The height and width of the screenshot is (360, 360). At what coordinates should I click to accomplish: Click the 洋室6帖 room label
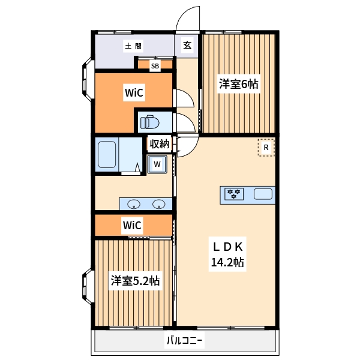pos(238,85)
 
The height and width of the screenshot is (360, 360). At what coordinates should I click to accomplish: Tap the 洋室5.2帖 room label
pos(134,280)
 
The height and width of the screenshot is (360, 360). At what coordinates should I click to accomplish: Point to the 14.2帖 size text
pos(227,262)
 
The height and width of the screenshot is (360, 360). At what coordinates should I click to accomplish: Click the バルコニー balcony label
pos(185,341)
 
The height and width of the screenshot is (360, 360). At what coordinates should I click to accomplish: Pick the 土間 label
pos(133,46)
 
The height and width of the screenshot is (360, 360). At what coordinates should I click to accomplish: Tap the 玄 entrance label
pos(187,45)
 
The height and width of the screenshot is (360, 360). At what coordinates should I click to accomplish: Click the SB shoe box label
pos(155,66)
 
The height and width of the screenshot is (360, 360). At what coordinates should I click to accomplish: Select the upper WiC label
pos(133,92)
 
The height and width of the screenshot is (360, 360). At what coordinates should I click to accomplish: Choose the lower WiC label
pos(131,226)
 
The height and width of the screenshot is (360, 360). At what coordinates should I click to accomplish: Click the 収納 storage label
pos(159,143)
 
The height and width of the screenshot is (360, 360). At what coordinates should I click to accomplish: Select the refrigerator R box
pos(265,148)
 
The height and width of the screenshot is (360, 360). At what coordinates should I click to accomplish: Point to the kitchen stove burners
pos(233,193)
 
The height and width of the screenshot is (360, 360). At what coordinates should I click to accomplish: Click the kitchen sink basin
pos(263,193)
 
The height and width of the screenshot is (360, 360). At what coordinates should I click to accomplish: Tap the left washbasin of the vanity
pos(133,203)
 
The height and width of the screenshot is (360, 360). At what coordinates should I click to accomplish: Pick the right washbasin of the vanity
pos(159,203)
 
